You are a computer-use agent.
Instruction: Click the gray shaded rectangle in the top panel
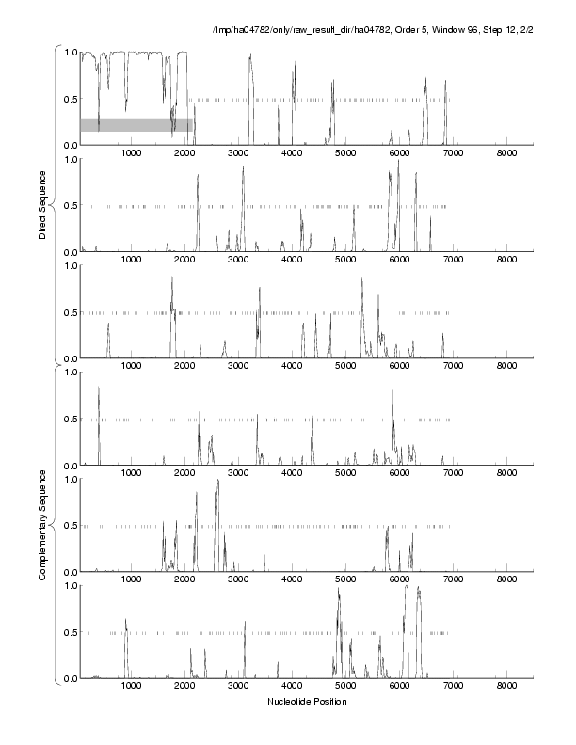point(136,124)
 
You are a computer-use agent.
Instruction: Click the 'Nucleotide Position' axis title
point(306,701)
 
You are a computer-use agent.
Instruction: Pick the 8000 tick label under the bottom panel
point(506,687)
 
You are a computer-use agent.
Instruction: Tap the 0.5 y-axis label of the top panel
point(68,99)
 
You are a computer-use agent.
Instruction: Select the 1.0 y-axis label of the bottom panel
point(68,585)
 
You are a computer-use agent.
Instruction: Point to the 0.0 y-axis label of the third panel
point(68,358)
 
